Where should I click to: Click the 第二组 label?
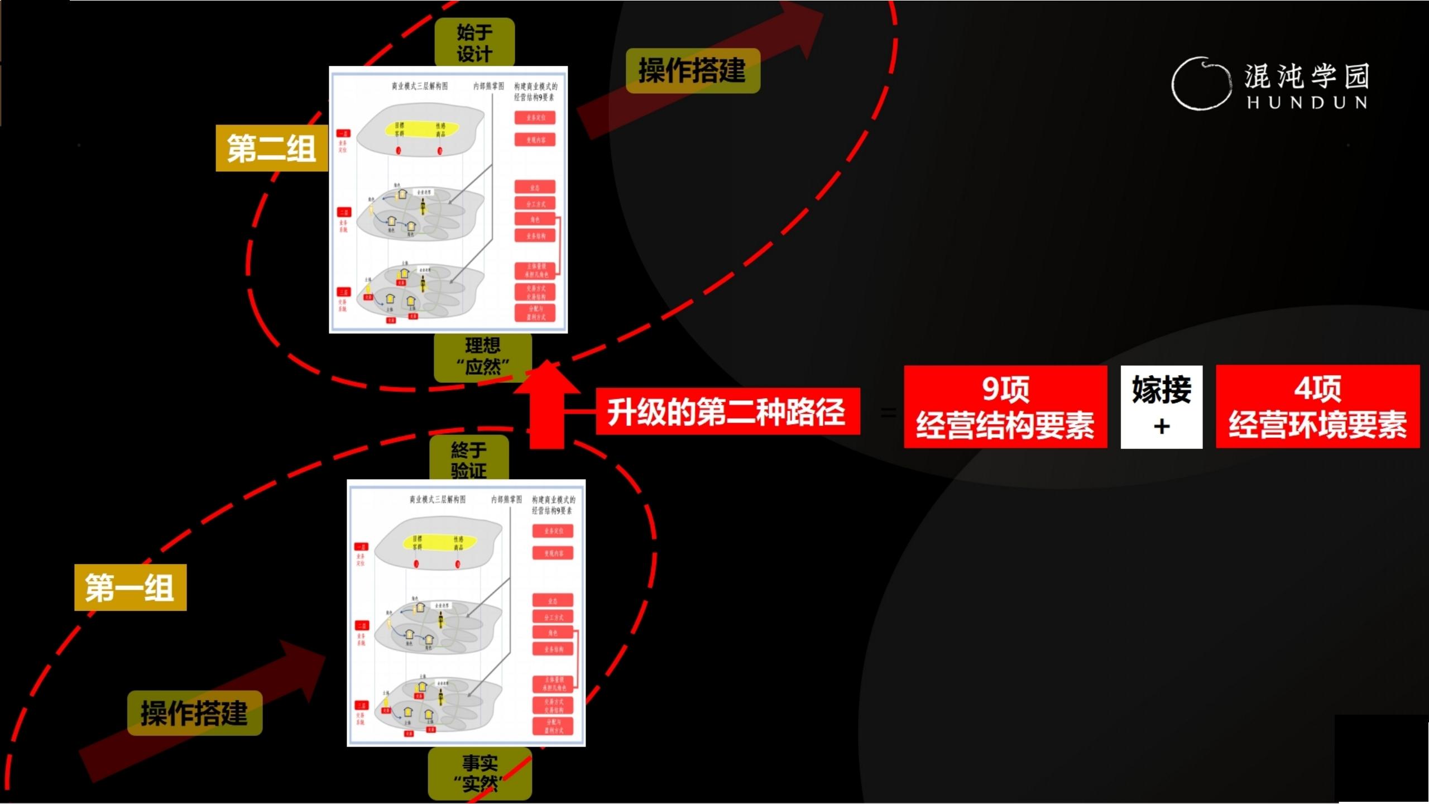[271, 149]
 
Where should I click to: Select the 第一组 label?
[130, 588]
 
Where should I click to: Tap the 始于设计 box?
[474, 42]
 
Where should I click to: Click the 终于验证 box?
[469, 459]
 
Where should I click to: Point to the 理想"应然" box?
[482, 356]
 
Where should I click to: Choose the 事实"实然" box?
[479, 774]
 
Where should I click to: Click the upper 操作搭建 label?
[692, 71]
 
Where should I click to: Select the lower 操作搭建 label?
[194, 713]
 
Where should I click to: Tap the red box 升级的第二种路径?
[727, 411]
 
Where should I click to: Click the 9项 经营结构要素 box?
[1005, 406]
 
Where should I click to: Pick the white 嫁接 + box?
[1161, 406]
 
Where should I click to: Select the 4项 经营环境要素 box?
[1317, 406]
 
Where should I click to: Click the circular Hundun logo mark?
[1201, 84]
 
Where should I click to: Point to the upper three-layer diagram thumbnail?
[448, 200]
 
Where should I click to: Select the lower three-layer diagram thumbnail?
[466, 613]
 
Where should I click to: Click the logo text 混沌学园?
[1307, 76]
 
